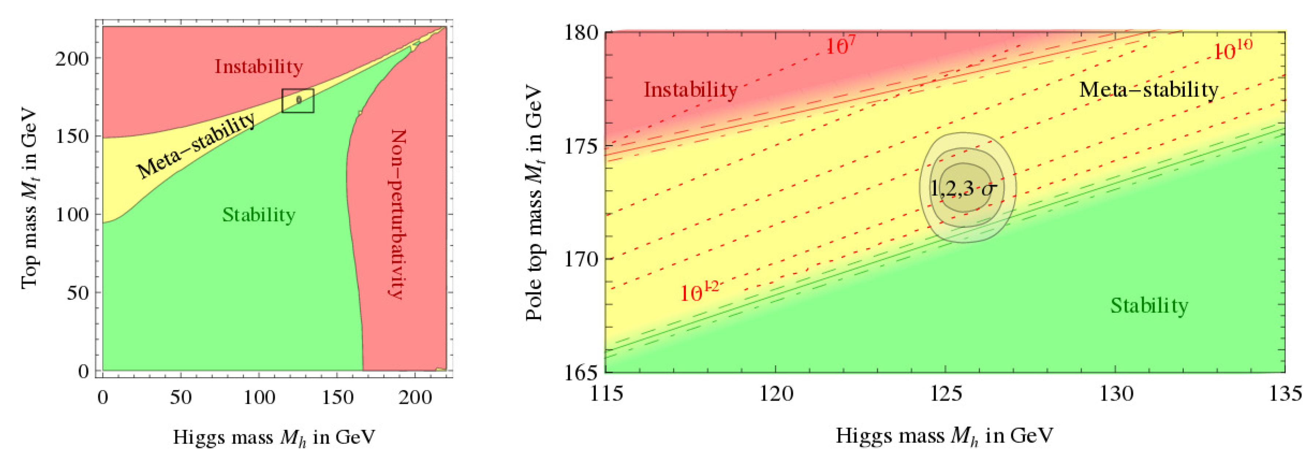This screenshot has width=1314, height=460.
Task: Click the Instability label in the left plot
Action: coord(259,66)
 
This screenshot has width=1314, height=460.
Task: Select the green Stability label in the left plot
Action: coord(259,214)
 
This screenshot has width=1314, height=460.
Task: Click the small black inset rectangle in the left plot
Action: coord(298,100)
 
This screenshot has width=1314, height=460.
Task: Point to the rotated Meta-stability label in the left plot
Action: coord(197,146)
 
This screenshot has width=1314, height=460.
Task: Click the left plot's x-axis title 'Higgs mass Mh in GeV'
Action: coord(274,438)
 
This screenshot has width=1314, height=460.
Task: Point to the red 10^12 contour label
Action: coord(699,292)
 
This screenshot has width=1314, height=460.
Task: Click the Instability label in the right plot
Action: coord(691,89)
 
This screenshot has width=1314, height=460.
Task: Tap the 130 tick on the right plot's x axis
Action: coord(1116,394)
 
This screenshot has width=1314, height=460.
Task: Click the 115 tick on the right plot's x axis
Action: coord(605,394)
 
